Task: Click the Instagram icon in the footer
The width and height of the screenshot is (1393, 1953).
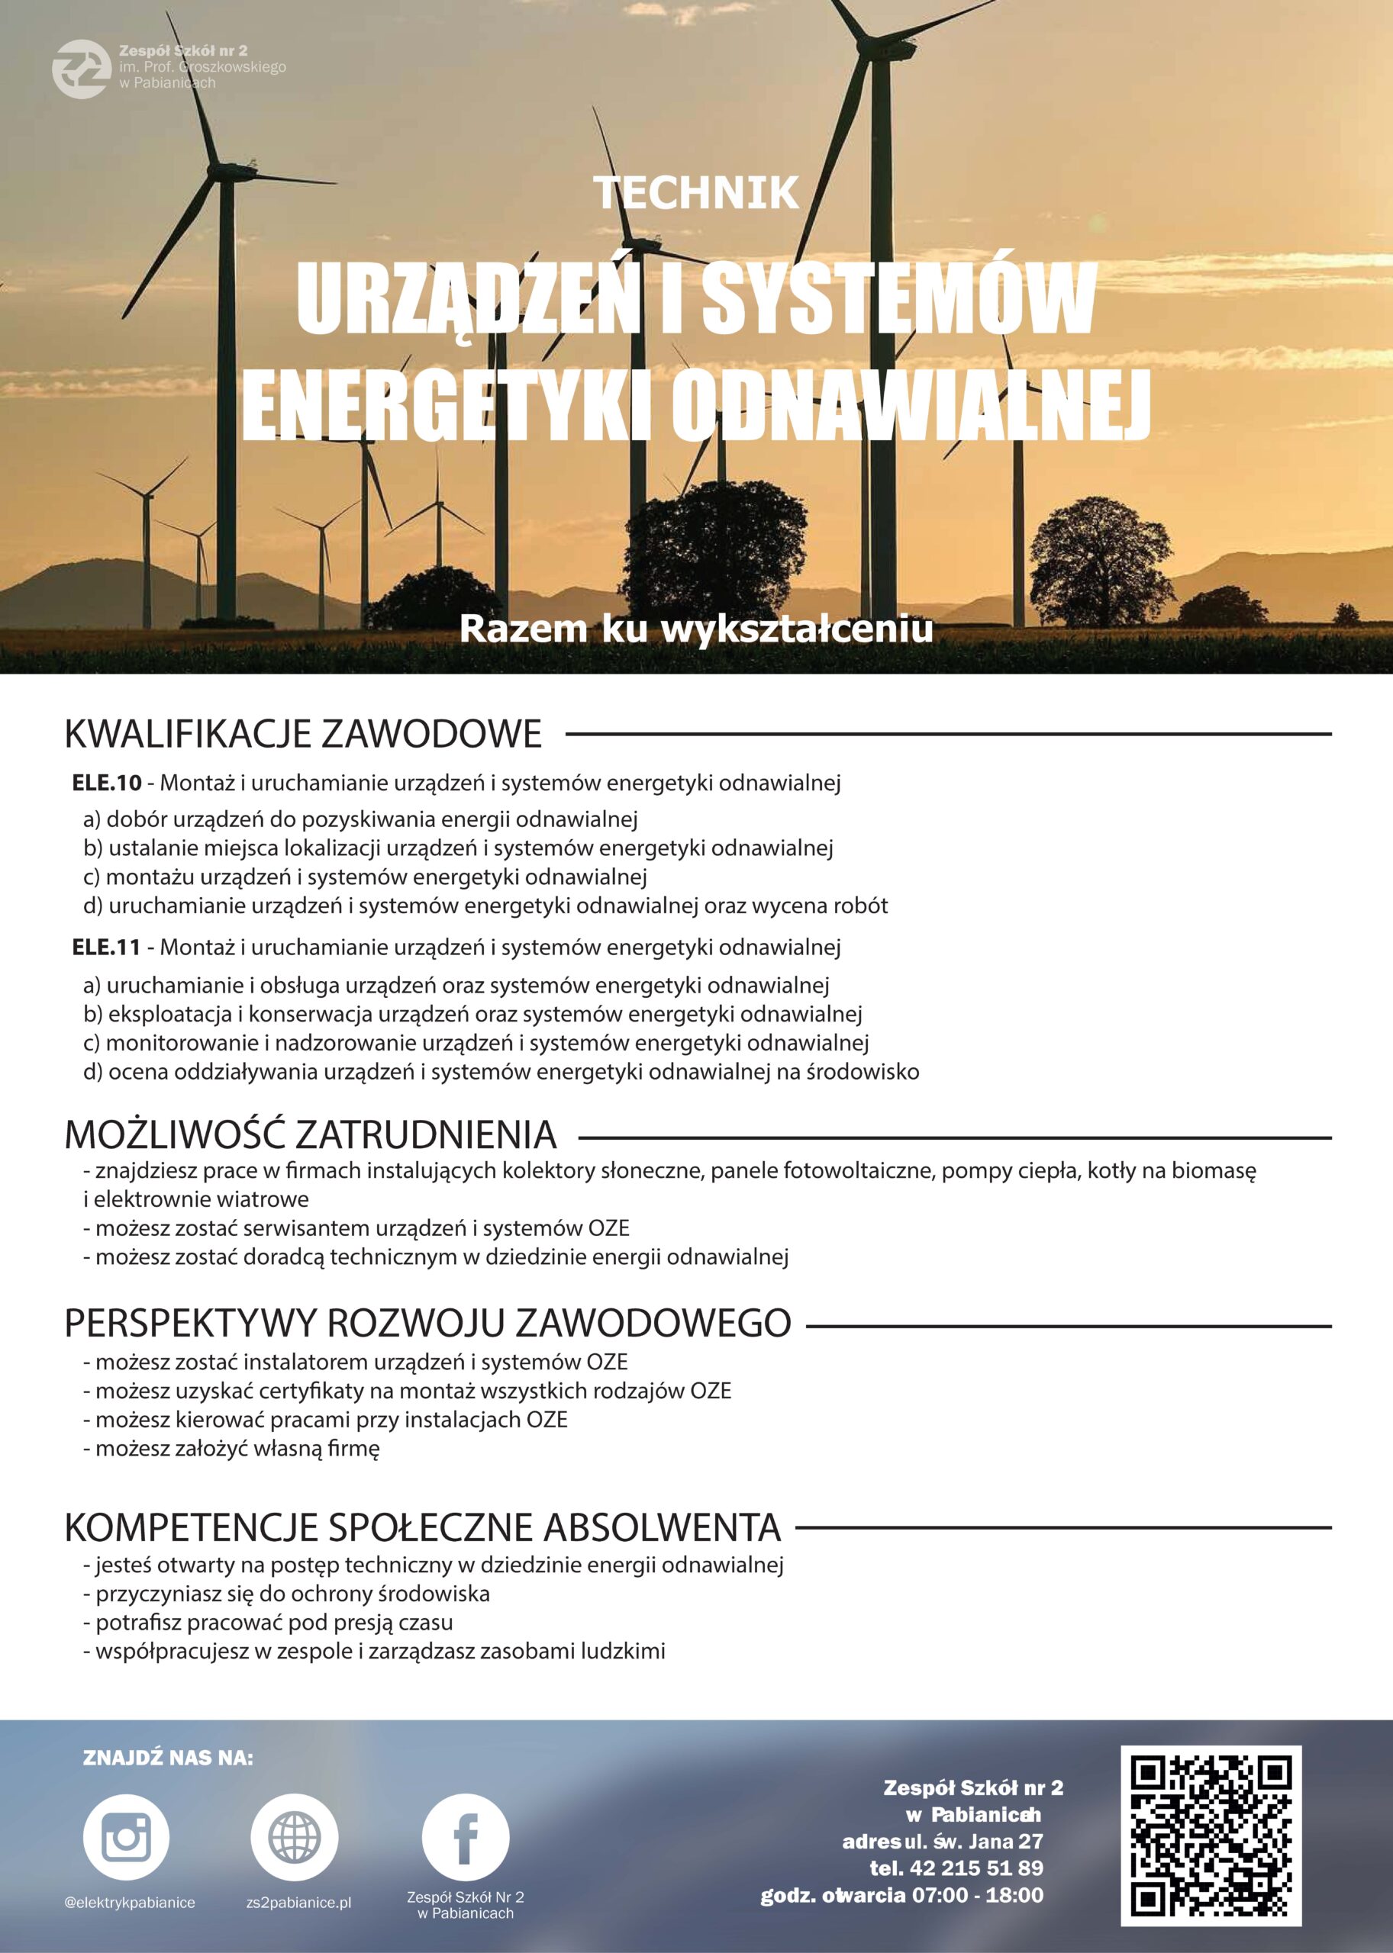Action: (x=126, y=1836)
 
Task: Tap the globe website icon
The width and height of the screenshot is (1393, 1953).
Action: (x=293, y=1836)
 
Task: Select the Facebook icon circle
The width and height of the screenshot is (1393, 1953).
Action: (x=465, y=1836)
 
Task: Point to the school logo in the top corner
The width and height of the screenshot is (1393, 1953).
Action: (x=81, y=69)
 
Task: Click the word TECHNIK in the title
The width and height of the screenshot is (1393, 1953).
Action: (x=696, y=193)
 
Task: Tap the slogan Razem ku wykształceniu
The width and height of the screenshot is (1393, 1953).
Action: (x=695, y=629)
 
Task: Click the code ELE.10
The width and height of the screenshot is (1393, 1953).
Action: (x=106, y=783)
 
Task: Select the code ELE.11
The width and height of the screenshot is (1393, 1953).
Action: (x=106, y=948)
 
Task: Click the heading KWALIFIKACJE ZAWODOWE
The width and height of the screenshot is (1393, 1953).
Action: (x=304, y=735)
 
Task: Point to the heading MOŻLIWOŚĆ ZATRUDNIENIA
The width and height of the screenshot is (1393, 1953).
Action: (x=311, y=1135)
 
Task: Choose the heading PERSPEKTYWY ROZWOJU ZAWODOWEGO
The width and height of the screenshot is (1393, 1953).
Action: (x=427, y=1323)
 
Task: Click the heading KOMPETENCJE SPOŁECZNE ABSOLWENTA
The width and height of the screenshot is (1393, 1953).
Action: (x=423, y=1527)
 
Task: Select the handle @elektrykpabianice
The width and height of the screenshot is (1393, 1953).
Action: (x=129, y=1903)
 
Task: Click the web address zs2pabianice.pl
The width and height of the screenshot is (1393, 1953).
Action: (x=298, y=1903)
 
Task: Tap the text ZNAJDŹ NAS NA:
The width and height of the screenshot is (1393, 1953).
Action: (x=168, y=1758)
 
